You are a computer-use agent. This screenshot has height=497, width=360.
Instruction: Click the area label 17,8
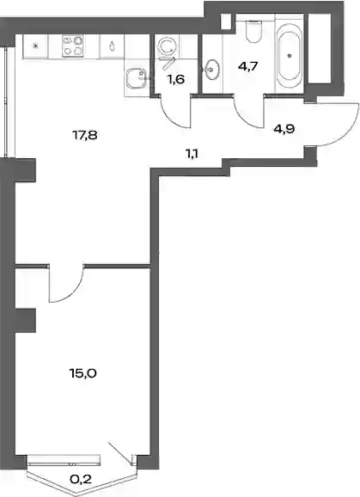pyautogui.click(x=84, y=136)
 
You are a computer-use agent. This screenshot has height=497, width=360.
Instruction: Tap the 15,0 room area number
pyautogui.click(x=82, y=374)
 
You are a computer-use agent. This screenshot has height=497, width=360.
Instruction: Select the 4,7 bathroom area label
pyautogui.click(x=248, y=67)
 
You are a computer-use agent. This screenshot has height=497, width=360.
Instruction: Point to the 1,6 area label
pyautogui.click(x=176, y=80)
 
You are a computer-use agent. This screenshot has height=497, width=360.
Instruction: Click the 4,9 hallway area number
pyautogui.click(x=284, y=129)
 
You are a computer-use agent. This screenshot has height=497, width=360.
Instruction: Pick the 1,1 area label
pyautogui.click(x=192, y=155)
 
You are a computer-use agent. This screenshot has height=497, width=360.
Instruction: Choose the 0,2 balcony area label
pyautogui.click(x=81, y=479)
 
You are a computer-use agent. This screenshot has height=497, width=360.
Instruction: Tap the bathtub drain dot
pyautogui.click(x=289, y=56)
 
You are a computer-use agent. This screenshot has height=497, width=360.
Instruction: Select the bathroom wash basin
pyautogui.click(x=211, y=68)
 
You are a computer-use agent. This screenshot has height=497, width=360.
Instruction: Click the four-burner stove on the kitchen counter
pyautogui.click(x=73, y=46)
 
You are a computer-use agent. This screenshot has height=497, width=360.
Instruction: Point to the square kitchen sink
pyautogui.click(x=135, y=79)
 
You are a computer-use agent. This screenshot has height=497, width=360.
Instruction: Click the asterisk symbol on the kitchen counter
pyautogui.click(x=36, y=46)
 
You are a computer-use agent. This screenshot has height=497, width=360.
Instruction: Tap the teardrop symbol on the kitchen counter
pyautogui.click(x=112, y=46)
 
